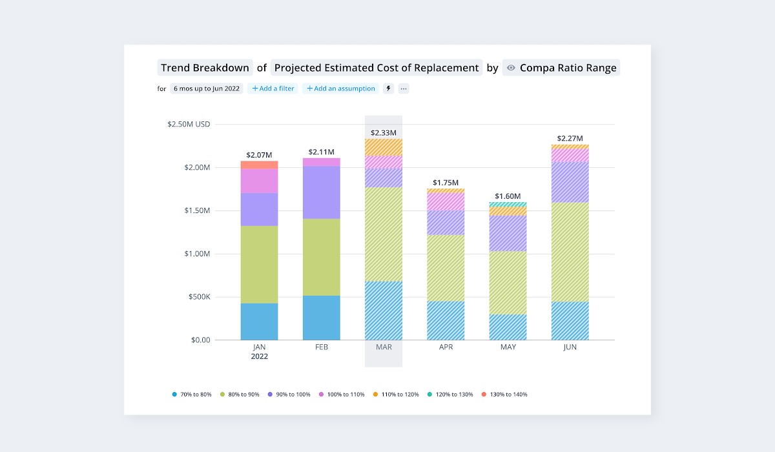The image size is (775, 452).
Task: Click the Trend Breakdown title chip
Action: (205, 68)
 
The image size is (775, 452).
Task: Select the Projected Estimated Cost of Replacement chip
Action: (377, 68)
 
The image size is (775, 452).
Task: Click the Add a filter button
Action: (273, 88)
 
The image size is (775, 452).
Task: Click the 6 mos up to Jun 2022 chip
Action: (207, 88)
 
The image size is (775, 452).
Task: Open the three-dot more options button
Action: (404, 88)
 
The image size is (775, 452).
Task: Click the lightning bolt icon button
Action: (388, 88)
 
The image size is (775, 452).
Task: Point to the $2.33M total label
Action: (384, 133)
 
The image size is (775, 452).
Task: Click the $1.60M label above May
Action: (508, 196)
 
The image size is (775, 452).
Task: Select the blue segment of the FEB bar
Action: (322, 318)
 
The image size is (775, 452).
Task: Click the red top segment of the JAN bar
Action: (260, 165)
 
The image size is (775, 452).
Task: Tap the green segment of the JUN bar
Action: (570, 252)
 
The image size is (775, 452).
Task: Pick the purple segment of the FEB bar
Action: (322, 192)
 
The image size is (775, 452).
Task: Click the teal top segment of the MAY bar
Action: (508, 204)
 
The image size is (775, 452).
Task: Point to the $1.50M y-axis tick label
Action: (194, 211)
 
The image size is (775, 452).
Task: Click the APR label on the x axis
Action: (446, 347)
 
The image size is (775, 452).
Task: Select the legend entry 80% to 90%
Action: (240, 394)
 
